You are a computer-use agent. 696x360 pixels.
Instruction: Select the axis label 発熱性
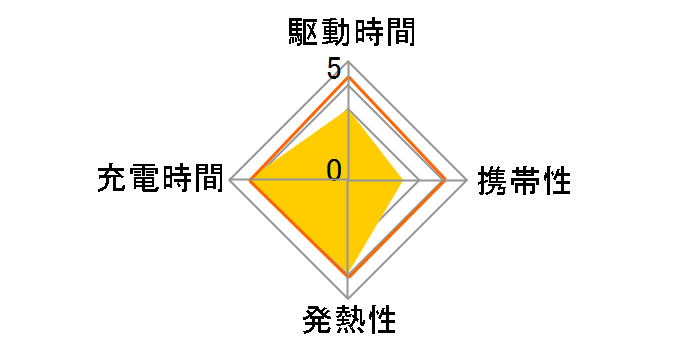pyautogui.click(x=348, y=322)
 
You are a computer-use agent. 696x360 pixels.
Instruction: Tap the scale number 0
pyautogui.click(x=334, y=169)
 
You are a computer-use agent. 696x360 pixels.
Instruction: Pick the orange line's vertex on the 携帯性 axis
pyautogui.click(x=445, y=181)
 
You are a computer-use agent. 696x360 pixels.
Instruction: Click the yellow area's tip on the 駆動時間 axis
pyautogui.click(x=348, y=110)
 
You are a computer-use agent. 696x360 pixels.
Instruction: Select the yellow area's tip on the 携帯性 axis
pyautogui.click(x=402, y=181)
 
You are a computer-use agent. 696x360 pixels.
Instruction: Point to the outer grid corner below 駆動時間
pyautogui.click(x=348, y=62)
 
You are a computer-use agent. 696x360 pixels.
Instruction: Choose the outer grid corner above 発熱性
pyautogui.click(x=348, y=299)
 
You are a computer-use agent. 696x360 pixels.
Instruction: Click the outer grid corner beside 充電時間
pyautogui.click(x=230, y=181)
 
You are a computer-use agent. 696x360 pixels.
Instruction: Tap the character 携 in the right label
pyautogui.click(x=491, y=181)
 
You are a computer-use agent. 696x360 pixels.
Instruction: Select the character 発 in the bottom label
pyautogui.click(x=315, y=322)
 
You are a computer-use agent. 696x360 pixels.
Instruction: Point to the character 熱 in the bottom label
pyautogui.click(x=348, y=322)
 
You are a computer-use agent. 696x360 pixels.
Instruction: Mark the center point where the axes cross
pyautogui.click(x=348, y=181)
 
